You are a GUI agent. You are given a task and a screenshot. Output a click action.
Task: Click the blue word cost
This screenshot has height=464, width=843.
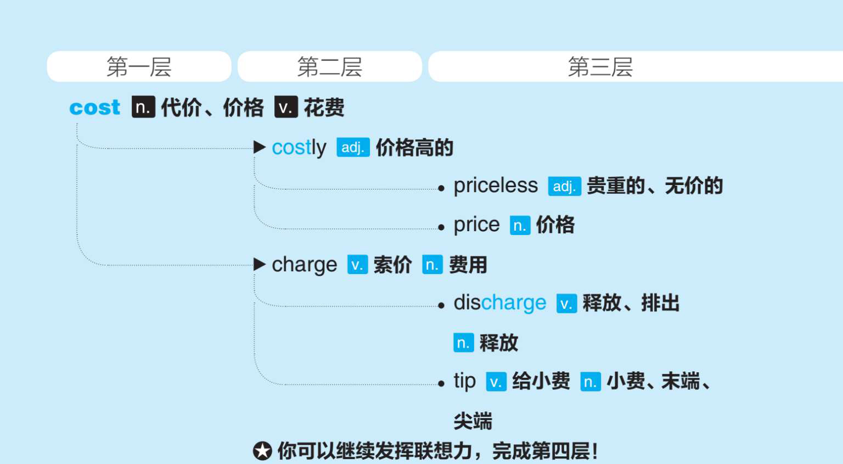[94, 107]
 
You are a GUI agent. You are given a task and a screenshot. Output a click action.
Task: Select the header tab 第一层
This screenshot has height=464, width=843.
[139, 67]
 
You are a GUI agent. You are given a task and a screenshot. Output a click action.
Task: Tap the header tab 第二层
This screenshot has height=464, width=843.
[329, 67]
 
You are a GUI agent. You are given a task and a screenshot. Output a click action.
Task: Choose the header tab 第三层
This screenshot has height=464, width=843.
[600, 67]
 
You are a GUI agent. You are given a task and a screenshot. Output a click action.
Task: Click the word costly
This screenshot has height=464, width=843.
[299, 148]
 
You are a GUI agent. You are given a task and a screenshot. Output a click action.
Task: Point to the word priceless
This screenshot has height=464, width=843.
[496, 186]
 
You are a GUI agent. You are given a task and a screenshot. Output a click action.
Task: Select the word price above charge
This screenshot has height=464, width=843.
[476, 225]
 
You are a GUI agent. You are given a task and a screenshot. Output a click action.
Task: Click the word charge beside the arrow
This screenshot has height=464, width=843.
[304, 265]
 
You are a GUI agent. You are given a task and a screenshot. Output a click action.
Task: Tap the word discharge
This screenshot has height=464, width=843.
[499, 303]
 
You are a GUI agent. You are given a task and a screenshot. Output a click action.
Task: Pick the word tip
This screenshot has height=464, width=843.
[464, 381]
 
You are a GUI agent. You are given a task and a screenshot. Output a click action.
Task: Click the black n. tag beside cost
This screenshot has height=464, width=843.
[143, 107]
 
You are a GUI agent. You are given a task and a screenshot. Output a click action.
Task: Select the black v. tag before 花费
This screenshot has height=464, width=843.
[286, 107]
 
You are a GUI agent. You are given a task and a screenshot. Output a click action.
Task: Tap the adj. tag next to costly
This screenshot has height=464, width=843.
[353, 148]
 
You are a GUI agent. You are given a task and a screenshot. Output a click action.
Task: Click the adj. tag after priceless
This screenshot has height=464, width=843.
[564, 187]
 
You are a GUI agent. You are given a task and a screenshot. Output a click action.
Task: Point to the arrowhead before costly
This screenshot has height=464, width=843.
[260, 147]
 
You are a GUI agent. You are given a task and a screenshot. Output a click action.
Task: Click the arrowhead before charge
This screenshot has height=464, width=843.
[260, 264]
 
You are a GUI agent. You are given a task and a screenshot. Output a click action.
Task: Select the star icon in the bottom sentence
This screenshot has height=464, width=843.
[262, 451]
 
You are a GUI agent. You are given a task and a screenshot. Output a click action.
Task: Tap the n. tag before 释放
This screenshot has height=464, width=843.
[463, 343]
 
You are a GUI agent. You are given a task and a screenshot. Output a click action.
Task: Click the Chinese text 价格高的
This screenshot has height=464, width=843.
[414, 148]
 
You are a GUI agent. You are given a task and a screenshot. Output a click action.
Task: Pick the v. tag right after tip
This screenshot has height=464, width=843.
[496, 382]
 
